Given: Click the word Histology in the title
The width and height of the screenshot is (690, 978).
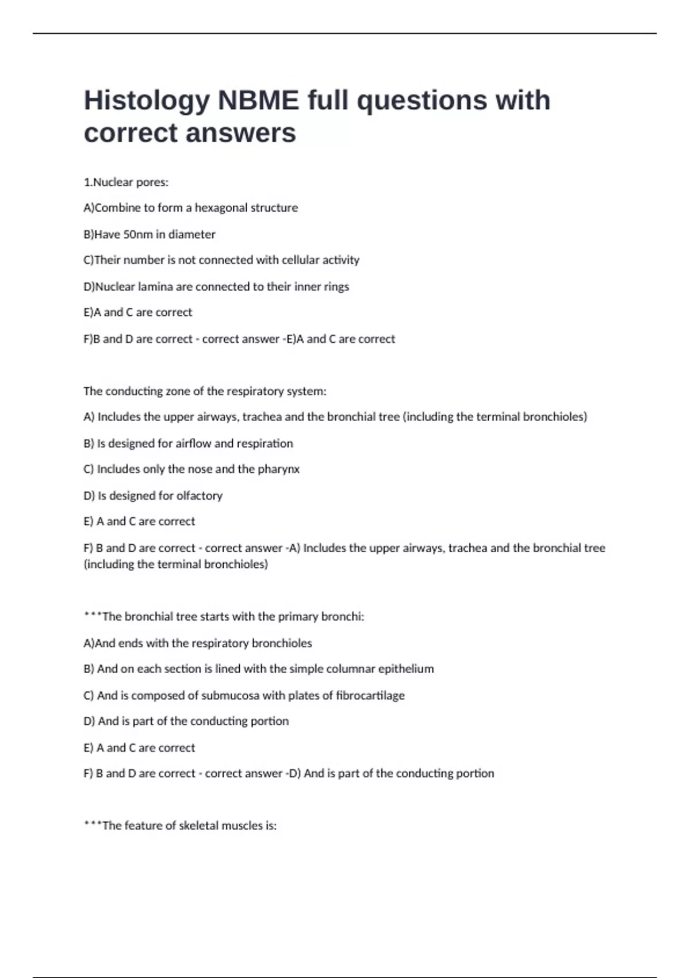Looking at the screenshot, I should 147,101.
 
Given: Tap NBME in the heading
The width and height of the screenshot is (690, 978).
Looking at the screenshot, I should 258,100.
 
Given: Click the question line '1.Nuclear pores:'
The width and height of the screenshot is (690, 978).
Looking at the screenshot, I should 126,182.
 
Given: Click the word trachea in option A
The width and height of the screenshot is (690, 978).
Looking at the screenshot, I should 262,417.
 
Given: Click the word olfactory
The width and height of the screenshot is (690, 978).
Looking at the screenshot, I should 199,496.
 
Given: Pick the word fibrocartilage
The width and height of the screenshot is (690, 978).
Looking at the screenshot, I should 370,696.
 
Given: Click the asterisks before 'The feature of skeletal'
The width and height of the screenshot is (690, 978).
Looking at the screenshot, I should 92,824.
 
